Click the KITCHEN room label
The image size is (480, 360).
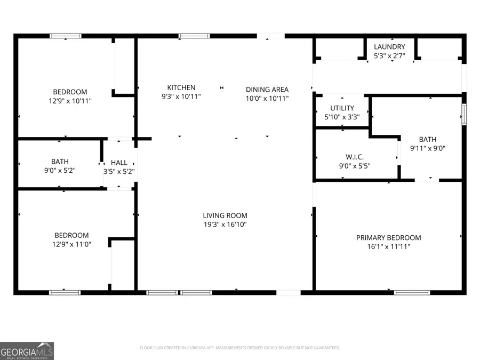(181, 87)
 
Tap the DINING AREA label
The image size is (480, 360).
(267, 90)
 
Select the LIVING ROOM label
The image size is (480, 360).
(225, 215)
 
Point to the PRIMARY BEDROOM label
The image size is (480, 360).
(388, 237)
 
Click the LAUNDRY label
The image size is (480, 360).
(389, 47)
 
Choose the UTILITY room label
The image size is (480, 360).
(342, 108)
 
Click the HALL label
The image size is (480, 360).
(119, 163)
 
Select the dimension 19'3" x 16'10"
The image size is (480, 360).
(225, 225)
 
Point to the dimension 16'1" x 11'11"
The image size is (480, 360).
(388, 246)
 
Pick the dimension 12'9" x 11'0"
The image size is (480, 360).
(71, 244)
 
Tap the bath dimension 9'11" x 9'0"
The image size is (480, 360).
(427, 148)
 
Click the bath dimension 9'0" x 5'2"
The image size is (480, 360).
(60, 171)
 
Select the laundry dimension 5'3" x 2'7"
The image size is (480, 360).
(389, 55)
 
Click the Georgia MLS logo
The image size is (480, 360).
(27, 351)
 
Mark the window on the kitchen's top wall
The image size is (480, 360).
(194, 36)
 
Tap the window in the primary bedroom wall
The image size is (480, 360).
(412, 292)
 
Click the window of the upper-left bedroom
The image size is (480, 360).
(66, 36)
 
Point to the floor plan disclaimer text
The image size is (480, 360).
(239, 348)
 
